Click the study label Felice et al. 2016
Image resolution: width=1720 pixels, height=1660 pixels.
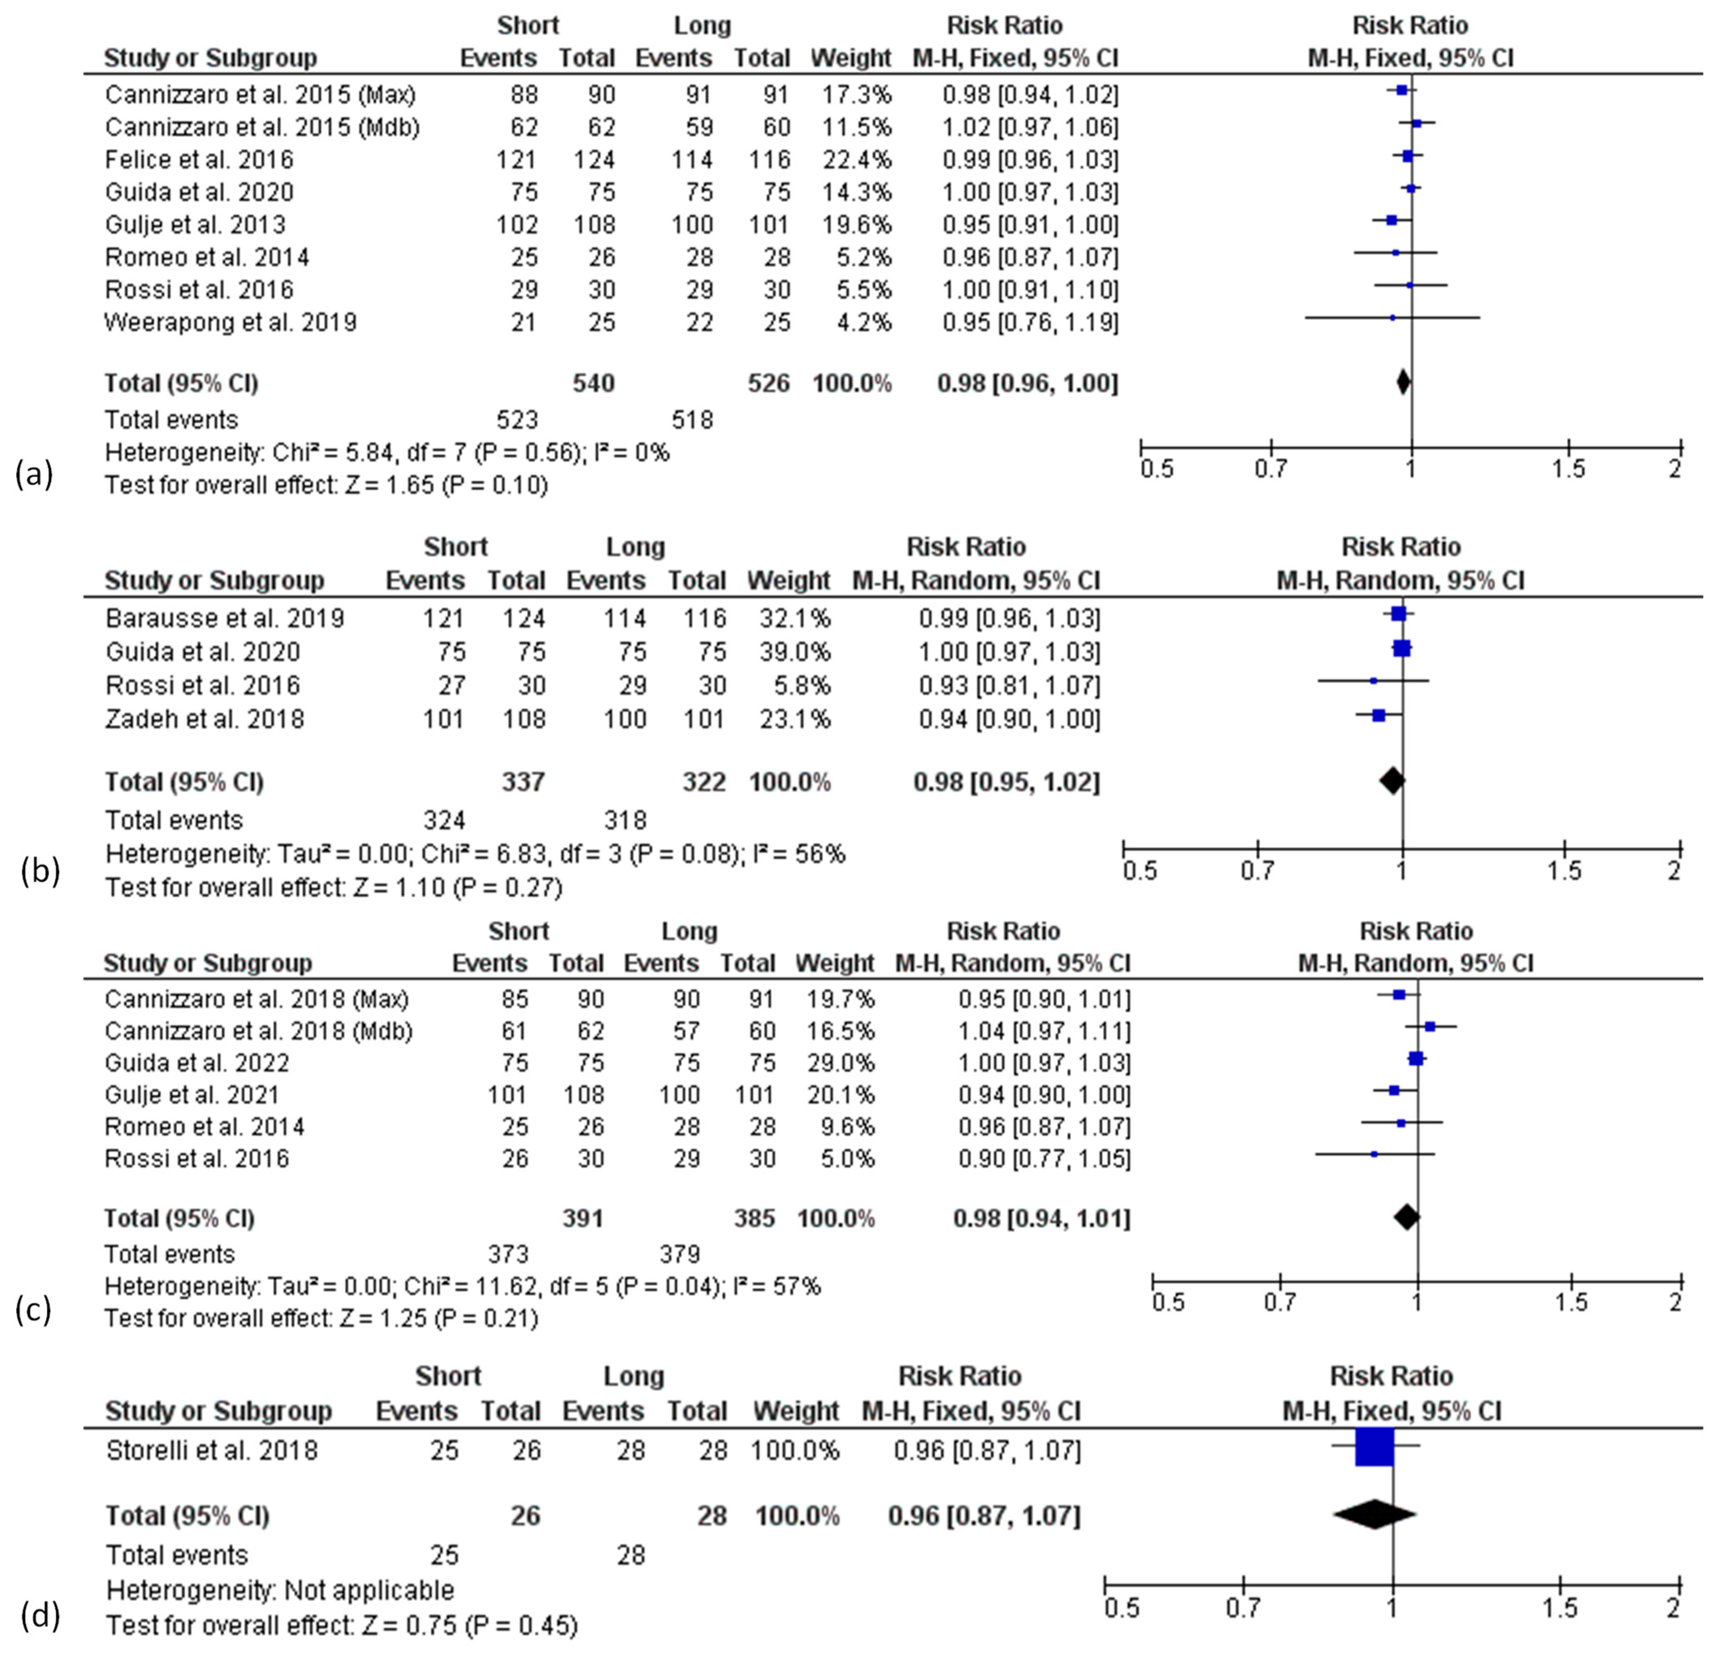point(198,160)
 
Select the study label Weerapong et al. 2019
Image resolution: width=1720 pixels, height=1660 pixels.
point(230,322)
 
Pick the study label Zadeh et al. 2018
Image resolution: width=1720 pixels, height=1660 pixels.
point(205,718)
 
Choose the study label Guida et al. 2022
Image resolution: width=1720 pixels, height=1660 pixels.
point(197,1063)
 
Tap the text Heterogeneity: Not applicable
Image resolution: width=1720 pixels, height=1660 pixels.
point(280,1590)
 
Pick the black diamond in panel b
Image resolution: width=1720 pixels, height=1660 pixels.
point(1392,780)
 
